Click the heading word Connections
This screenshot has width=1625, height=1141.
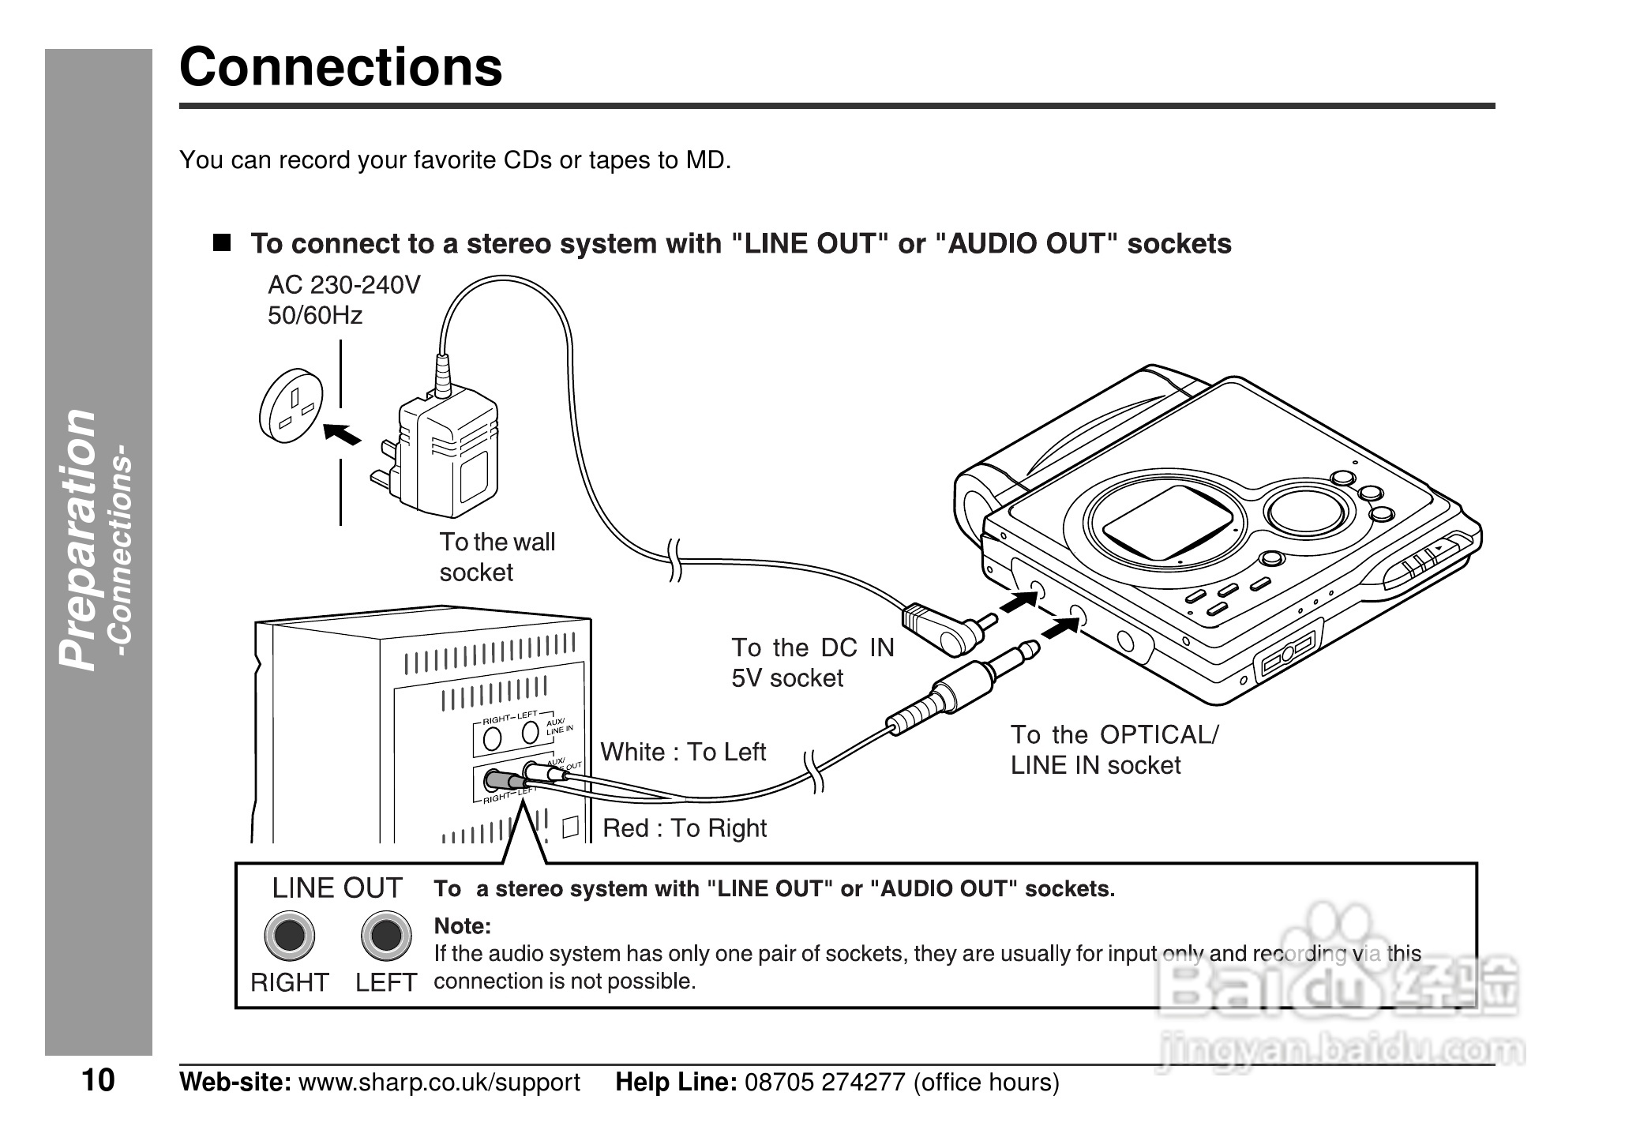coord(340,67)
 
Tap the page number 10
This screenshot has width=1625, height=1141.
coord(98,1080)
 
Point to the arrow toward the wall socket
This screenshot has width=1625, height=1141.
coord(342,434)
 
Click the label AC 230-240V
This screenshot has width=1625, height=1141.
coord(344,285)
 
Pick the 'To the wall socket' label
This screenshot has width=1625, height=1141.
coord(497,557)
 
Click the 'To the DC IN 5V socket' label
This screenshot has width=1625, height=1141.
coord(812,662)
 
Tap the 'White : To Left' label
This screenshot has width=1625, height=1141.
coord(683,752)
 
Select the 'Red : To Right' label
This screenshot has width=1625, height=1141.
coord(685,828)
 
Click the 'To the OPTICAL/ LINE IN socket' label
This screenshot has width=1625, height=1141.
coord(1113,749)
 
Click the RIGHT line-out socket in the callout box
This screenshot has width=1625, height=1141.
coord(289,936)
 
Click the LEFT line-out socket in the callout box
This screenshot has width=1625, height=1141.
coord(385,936)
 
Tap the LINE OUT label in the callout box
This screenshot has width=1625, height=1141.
coord(337,888)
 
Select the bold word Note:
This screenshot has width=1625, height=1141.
coord(463,925)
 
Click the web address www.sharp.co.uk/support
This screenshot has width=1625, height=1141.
coord(439,1082)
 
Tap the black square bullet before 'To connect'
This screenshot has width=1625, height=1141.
coord(222,242)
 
